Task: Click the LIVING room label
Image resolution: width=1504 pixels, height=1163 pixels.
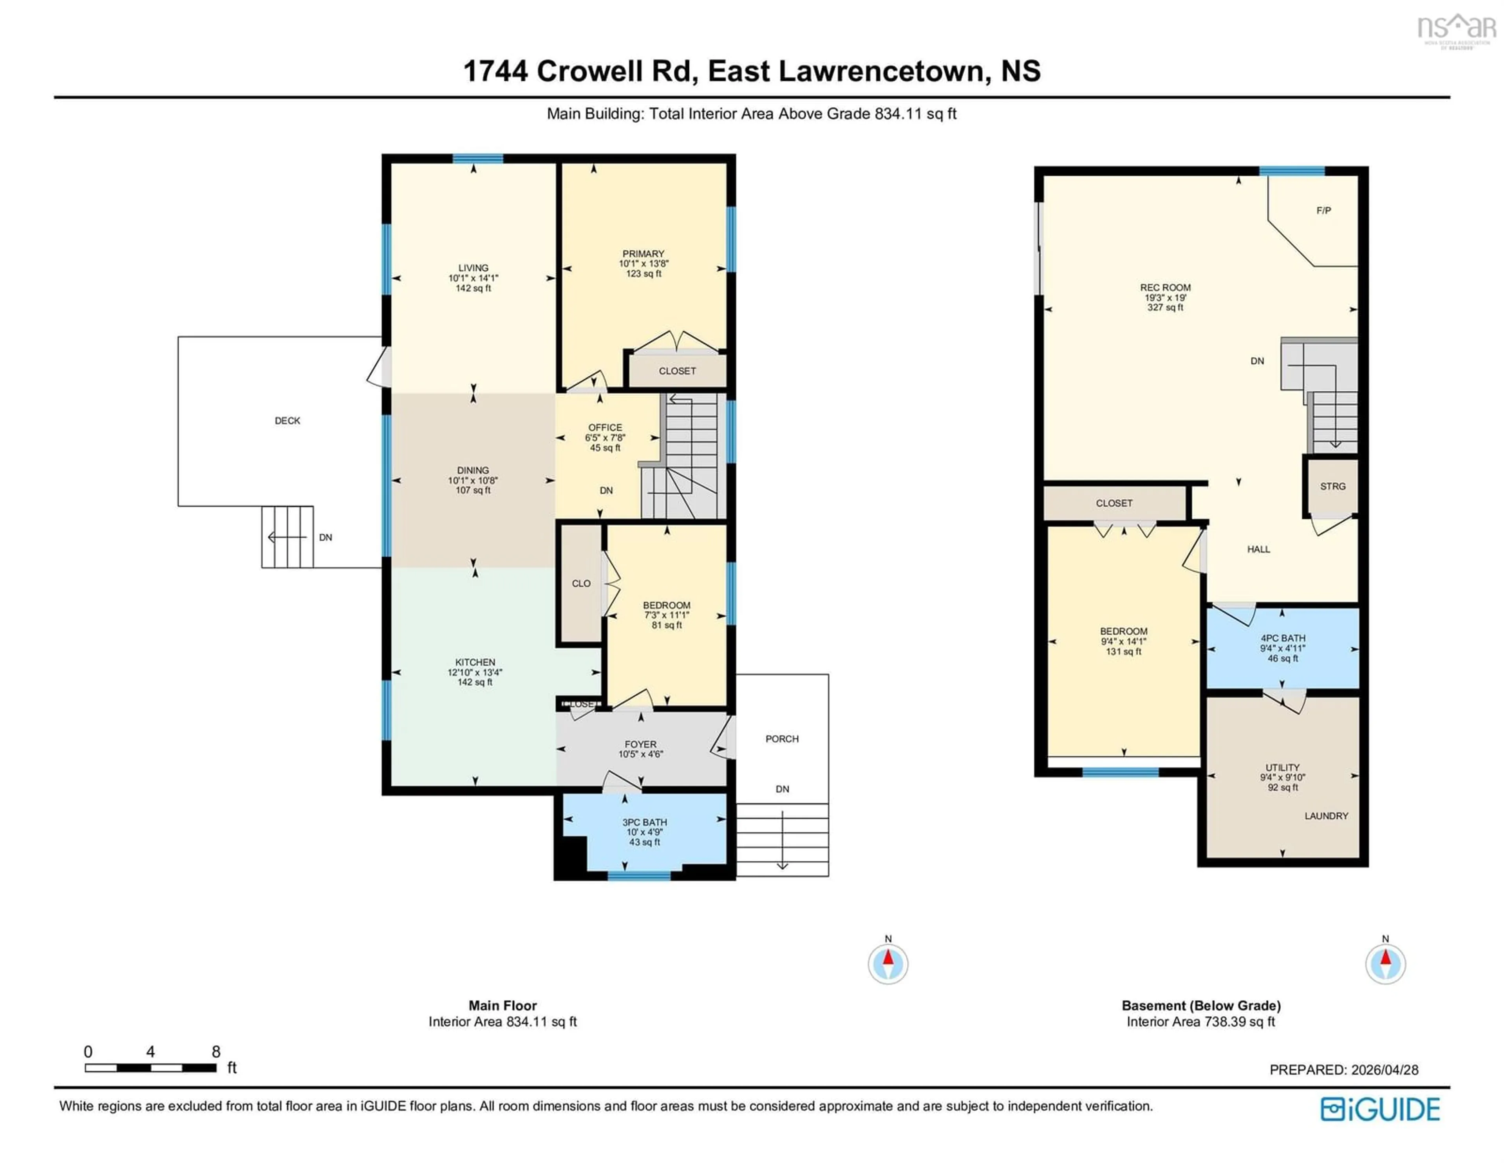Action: click(473, 268)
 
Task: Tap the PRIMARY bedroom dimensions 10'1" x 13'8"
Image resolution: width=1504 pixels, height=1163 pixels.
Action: click(643, 264)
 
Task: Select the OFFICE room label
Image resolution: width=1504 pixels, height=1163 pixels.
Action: click(605, 428)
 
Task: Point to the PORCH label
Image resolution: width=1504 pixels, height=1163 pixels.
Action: click(782, 739)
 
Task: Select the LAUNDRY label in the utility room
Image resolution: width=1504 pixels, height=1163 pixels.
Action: click(1326, 816)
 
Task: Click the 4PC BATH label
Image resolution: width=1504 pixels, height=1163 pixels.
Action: click(1282, 638)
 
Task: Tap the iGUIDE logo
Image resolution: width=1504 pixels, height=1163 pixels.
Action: click(1380, 1109)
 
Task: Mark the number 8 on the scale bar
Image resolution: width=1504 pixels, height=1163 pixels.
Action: click(215, 1051)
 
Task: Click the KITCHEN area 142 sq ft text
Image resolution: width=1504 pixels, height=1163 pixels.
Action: click(474, 682)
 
